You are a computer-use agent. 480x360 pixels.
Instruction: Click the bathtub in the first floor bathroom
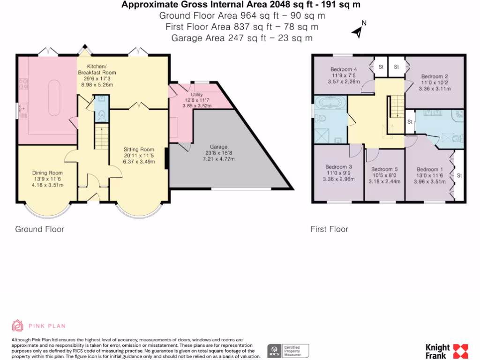330,102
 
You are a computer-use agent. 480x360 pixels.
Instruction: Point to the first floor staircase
397,106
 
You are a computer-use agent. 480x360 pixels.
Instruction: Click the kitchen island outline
54,97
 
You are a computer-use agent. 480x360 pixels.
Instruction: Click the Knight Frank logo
447,351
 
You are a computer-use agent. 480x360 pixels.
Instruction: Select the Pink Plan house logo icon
17,326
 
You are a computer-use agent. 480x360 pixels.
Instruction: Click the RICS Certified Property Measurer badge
288,351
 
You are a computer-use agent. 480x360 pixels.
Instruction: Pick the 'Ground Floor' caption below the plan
39,229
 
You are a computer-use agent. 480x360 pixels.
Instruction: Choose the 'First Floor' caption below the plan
330,229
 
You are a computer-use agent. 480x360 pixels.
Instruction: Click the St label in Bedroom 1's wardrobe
459,175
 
